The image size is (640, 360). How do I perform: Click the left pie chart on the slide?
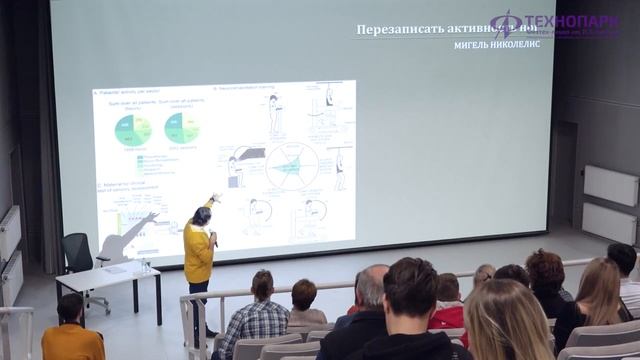[x=134, y=129]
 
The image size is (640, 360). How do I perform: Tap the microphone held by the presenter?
[x=212, y=236]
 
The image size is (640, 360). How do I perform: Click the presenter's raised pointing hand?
[x=216, y=197]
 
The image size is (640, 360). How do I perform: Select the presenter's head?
[x=203, y=215]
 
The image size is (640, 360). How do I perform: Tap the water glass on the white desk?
[x=145, y=265]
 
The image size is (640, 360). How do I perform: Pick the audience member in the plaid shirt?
[x=257, y=320]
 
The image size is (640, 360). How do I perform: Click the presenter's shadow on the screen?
[x=130, y=236]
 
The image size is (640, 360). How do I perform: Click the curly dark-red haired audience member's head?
[x=545, y=269]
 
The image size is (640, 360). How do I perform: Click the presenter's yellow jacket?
[x=198, y=253]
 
